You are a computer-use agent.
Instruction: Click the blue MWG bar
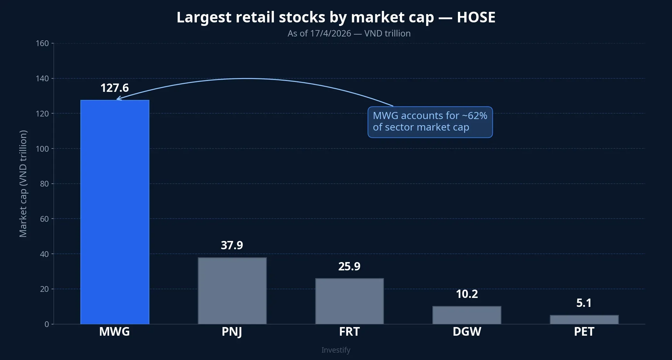coord(115,212)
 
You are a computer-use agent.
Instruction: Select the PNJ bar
coord(232,291)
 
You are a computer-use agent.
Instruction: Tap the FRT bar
coord(349,301)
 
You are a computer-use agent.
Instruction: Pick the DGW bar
coord(467,315)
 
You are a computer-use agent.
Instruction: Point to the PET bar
coord(584,319)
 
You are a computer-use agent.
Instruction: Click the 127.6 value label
coord(115,88)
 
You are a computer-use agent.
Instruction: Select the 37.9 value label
coord(232,245)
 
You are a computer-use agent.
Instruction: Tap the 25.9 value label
coord(349,267)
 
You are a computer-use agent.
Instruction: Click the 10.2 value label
coord(467,294)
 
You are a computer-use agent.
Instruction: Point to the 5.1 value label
coord(584,303)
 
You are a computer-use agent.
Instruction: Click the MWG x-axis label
coord(115,332)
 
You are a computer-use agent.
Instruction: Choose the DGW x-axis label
coord(467,332)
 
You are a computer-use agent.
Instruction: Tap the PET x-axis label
coord(584,332)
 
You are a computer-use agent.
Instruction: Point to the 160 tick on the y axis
coord(42,43)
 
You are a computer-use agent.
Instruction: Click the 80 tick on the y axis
coord(44,184)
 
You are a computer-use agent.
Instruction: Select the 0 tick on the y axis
coord(47,324)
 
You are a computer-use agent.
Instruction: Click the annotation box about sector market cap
coord(430,122)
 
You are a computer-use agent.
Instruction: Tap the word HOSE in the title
coord(476,17)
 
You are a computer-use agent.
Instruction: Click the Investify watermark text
coord(336,350)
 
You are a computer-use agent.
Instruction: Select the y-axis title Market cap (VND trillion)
coord(23,184)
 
